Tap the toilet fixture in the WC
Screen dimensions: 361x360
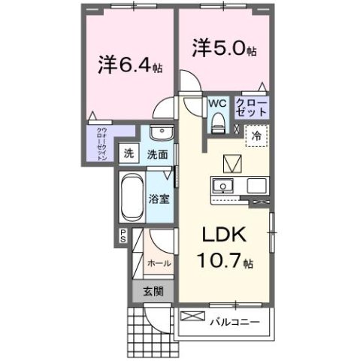click(218, 120)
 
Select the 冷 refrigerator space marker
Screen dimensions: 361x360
click(258, 137)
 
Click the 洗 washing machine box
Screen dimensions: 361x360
click(129, 153)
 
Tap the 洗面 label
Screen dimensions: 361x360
click(157, 154)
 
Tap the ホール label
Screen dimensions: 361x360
click(159, 263)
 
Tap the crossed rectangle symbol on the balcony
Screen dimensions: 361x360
click(192, 317)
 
